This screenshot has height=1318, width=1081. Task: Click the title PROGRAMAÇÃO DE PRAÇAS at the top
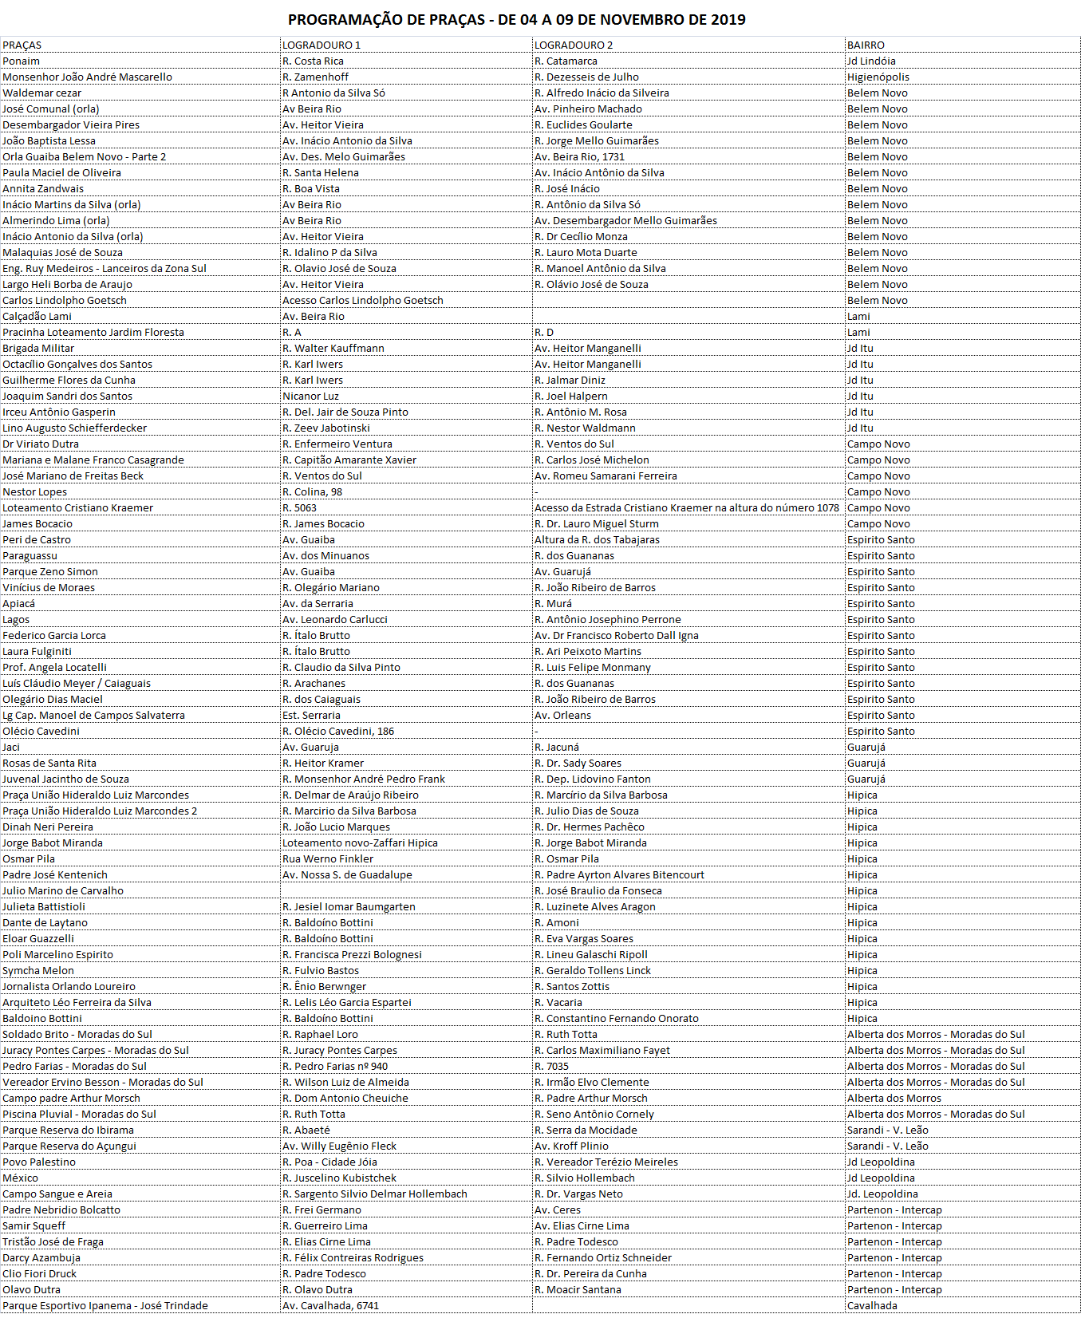516,20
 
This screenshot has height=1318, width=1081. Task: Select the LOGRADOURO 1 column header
322,45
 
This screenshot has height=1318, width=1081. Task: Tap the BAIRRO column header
866,45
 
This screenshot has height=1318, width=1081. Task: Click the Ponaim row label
22,61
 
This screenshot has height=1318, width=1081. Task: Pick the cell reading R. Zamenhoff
315,77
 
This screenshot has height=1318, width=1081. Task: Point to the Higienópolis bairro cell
878,77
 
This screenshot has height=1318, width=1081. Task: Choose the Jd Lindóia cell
871,61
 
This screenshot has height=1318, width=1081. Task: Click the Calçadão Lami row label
37,317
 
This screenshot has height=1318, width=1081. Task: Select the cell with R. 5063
299,508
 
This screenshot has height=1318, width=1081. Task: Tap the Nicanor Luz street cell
310,397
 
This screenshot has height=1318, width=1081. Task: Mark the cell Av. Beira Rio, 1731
579,157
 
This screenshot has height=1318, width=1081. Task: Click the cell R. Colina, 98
312,492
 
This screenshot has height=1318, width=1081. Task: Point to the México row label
21,1178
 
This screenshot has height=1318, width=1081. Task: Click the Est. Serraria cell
311,716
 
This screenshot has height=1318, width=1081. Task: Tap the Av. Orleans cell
562,716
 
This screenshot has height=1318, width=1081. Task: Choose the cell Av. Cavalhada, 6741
330,1306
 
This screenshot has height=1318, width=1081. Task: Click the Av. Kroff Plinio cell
571,1146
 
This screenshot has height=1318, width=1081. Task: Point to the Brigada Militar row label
38,349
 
